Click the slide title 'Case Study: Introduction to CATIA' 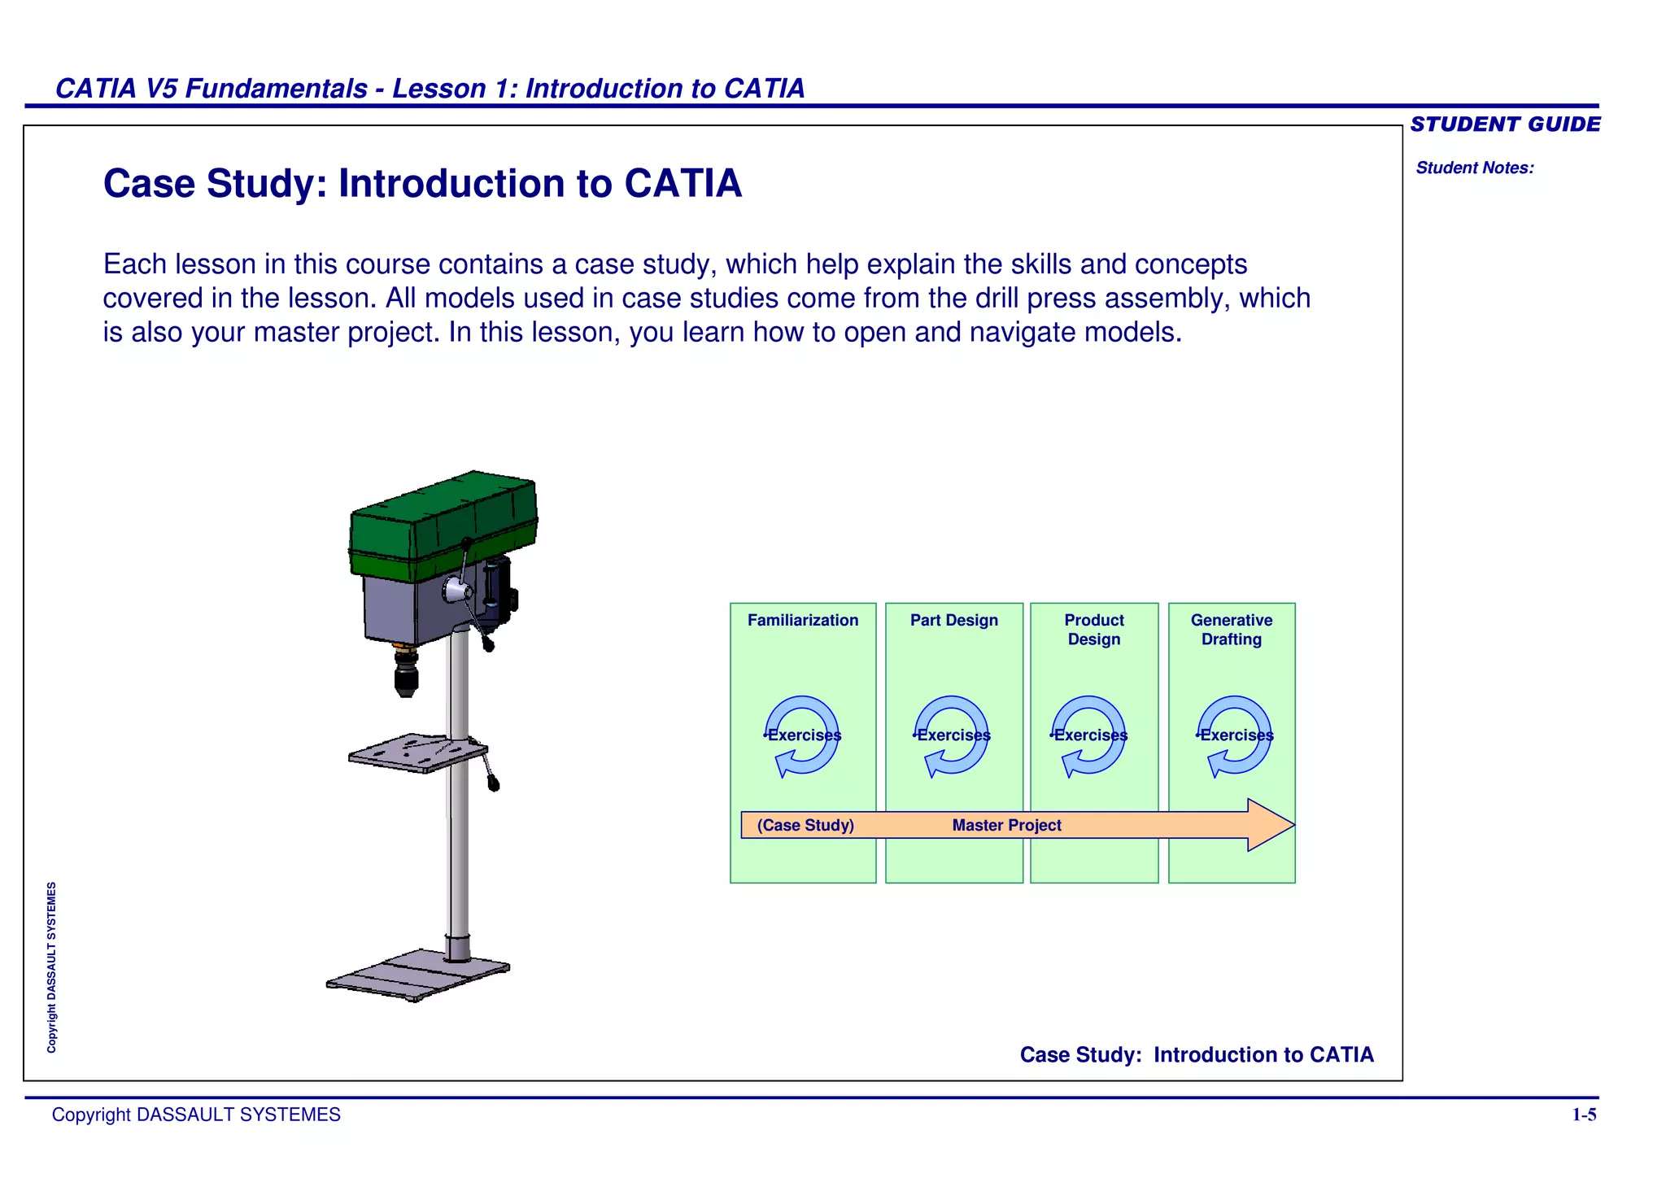click(422, 184)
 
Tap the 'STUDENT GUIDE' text click(1505, 124)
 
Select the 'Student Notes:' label click(1474, 168)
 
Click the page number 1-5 click(1583, 1115)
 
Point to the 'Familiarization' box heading click(802, 621)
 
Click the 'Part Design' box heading click(953, 621)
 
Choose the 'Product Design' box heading click(1093, 630)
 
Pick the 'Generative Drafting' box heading click(1231, 630)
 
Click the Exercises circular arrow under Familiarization click(802, 735)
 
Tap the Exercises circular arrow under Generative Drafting click(1235, 735)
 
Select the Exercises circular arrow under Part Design click(952, 735)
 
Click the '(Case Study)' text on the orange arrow click(805, 826)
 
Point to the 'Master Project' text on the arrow click(1006, 826)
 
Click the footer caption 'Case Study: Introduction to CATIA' click(1196, 1055)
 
